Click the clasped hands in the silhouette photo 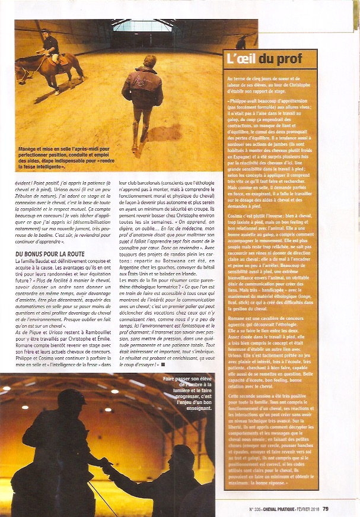[x=105, y=465]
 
